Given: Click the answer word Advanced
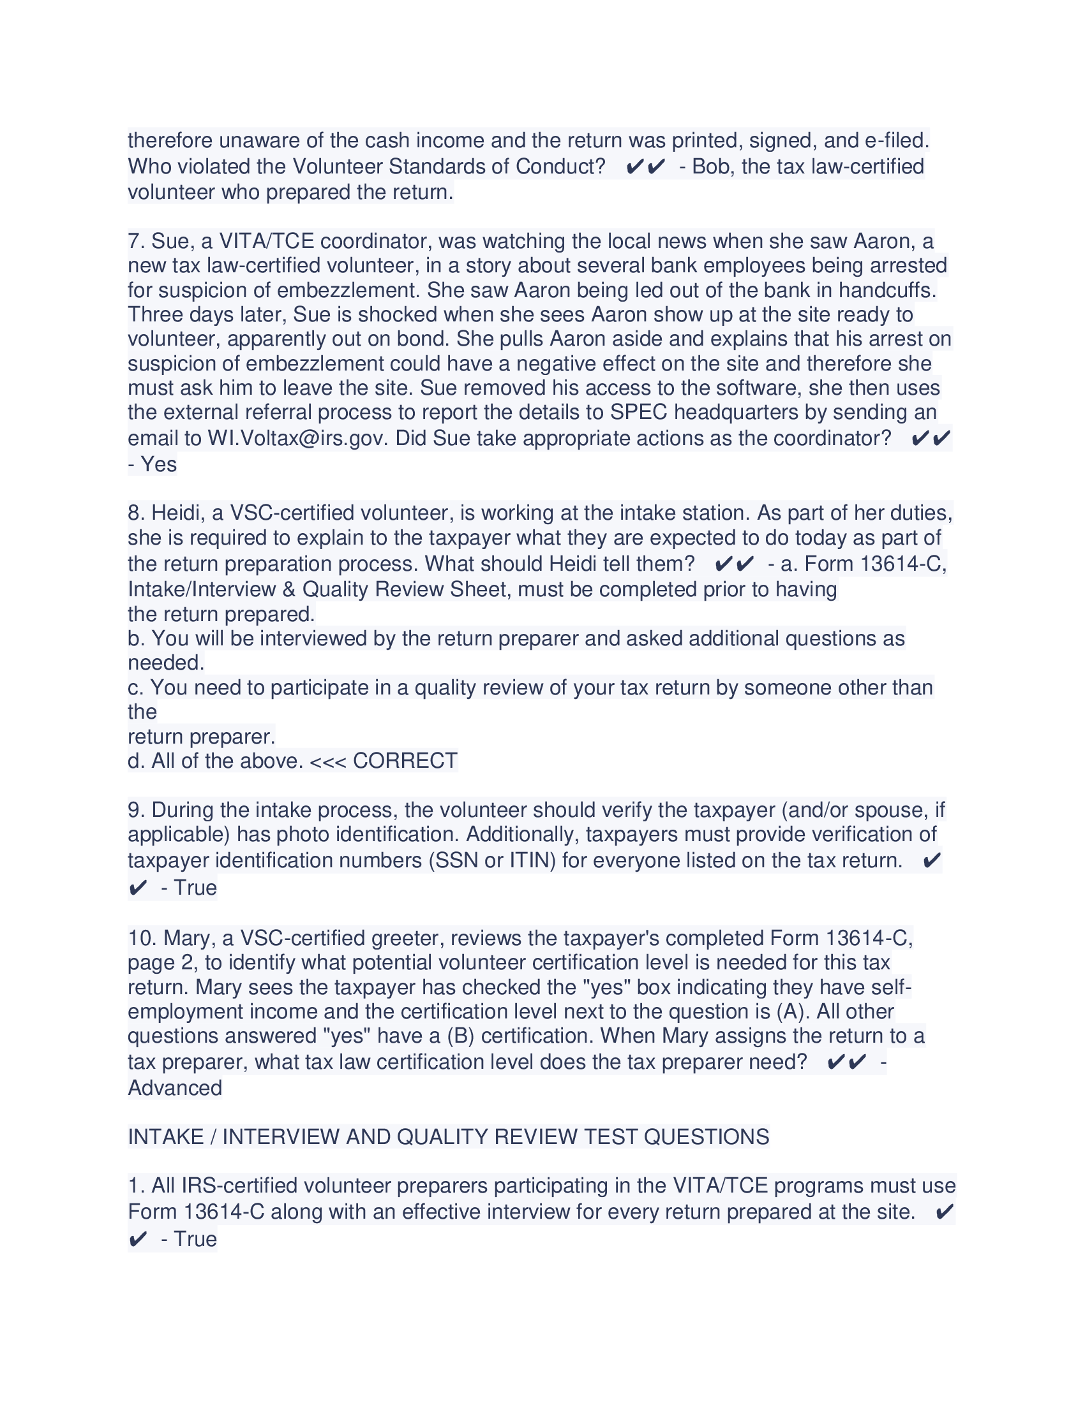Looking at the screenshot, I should [175, 1087].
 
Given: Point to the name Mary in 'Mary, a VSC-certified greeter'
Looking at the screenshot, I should [186, 938].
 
